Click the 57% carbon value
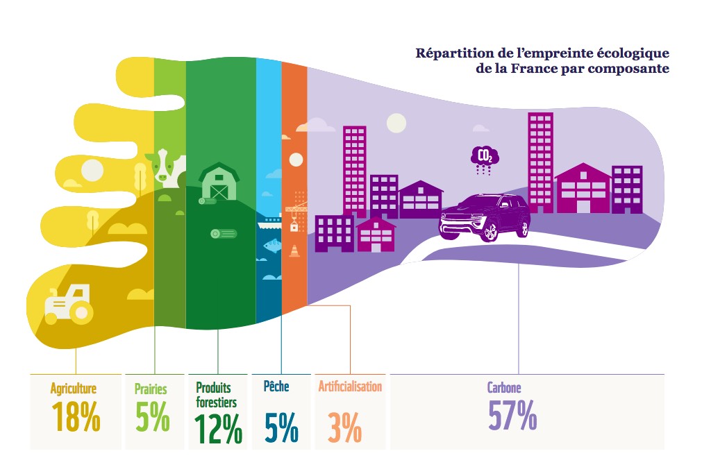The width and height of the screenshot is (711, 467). point(512,415)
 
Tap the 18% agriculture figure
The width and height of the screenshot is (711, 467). point(76,417)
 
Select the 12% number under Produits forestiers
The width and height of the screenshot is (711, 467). point(218,429)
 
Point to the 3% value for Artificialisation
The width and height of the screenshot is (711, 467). point(344,427)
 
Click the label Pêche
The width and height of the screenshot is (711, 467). point(276,386)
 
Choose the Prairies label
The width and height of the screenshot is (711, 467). point(151,389)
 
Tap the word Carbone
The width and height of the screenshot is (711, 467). point(504,387)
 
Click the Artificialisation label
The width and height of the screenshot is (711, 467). point(350,387)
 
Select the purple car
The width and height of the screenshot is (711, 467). point(484,217)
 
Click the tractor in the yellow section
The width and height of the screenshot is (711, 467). point(69,305)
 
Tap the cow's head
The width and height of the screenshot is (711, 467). point(164,166)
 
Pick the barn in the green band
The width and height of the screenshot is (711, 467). point(219,181)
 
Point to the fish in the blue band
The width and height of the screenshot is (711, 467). point(271,246)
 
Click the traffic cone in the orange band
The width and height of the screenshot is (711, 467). point(294,251)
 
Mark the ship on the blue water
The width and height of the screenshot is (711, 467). point(269,223)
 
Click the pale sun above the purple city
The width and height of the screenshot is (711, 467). point(396,123)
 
